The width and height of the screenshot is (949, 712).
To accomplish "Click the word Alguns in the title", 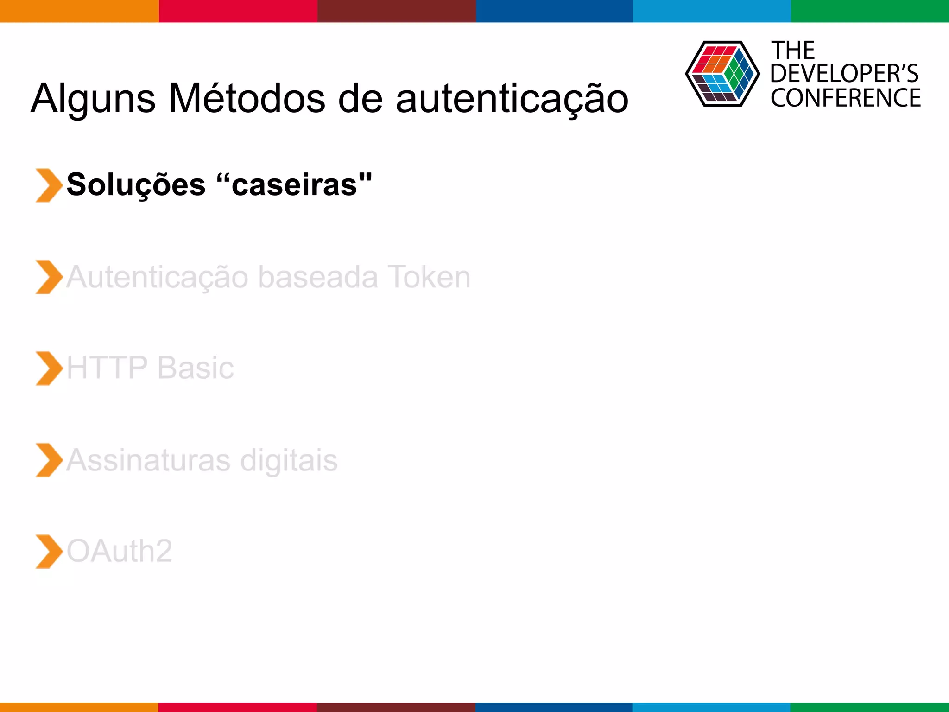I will [x=93, y=99].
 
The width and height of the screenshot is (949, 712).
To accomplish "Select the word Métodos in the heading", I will [x=247, y=98].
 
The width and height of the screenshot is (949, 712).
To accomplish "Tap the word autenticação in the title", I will [x=512, y=99].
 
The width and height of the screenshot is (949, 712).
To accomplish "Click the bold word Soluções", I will [x=136, y=185].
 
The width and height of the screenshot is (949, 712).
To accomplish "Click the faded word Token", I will [x=429, y=277].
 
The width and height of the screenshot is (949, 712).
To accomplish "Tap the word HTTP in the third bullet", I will [x=107, y=368].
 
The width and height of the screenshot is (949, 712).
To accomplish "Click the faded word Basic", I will [x=196, y=368].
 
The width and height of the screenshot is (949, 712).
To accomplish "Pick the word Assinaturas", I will [x=148, y=460].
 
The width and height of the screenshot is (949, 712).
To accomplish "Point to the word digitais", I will [x=289, y=460].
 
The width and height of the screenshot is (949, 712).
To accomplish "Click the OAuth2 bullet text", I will [x=119, y=551].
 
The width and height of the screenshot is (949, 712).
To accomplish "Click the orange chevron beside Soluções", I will [x=49, y=185].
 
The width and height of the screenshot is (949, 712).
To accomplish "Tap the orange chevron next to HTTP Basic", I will [x=49, y=369].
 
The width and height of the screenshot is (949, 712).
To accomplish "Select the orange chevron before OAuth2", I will [x=49, y=552].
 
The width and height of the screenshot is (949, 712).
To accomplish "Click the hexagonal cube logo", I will [x=722, y=74].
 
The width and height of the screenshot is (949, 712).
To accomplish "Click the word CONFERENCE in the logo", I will [x=846, y=98].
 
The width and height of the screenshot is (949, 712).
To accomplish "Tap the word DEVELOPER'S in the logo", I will [x=844, y=74].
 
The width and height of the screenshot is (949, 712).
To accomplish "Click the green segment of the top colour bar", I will [x=870, y=11].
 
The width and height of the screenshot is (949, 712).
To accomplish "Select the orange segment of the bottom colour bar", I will [x=79, y=707].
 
